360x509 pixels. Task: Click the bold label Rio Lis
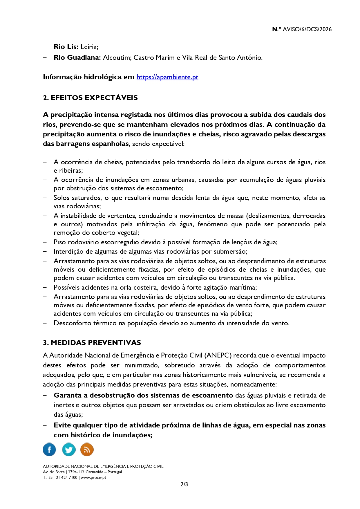tap(66, 47)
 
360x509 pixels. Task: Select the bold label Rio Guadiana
tap(77, 57)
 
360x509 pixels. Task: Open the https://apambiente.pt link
tap(167, 77)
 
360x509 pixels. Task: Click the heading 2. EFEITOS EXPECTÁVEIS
tap(90, 98)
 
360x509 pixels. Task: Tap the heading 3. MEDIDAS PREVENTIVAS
tap(92, 343)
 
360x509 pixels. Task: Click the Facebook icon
tap(50, 450)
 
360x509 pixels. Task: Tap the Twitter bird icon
tap(69, 450)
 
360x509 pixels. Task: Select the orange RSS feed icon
tap(87, 450)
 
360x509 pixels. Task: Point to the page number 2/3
tap(184, 484)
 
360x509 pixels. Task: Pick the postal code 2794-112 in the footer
tap(76, 472)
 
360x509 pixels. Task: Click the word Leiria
tap(89, 47)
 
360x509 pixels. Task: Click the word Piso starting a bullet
tap(59, 242)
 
